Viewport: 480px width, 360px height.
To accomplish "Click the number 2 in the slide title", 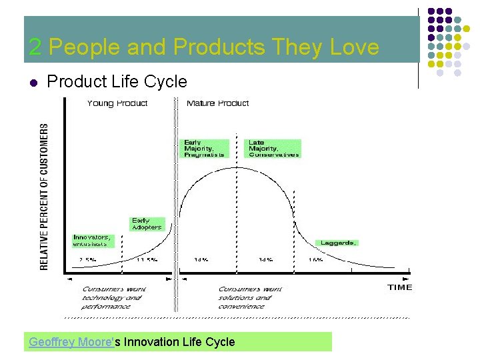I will tap(35, 47).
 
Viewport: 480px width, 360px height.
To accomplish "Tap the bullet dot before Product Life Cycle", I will tap(33, 83).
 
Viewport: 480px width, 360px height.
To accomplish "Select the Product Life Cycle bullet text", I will tap(117, 82).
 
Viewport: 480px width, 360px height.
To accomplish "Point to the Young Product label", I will tap(117, 103).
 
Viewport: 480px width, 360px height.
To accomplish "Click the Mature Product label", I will tap(218, 103).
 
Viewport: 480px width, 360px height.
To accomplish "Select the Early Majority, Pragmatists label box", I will tap(205, 149).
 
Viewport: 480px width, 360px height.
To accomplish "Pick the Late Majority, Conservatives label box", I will tap(273, 149).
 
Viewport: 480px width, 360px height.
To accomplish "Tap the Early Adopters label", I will tap(146, 224).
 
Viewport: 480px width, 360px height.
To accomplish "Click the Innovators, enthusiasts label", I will tap(93, 240).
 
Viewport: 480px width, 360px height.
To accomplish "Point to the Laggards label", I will tap(339, 243).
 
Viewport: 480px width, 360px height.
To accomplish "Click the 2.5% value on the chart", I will tap(87, 259).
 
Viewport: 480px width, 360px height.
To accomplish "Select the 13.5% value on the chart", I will tap(147, 259).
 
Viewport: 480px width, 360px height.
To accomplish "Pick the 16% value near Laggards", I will tap(315, 259).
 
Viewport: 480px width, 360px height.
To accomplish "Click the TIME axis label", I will tap(400, 287).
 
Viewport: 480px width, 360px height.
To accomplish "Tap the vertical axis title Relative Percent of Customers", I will tap(45, 196).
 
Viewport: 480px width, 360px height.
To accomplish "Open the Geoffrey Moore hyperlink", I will tap(71, 342).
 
